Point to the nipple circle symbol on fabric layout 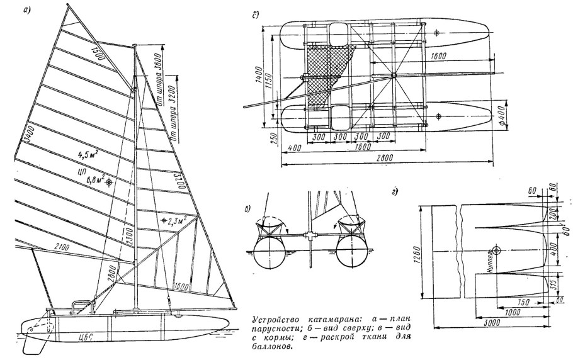click(x=497, y=250)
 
